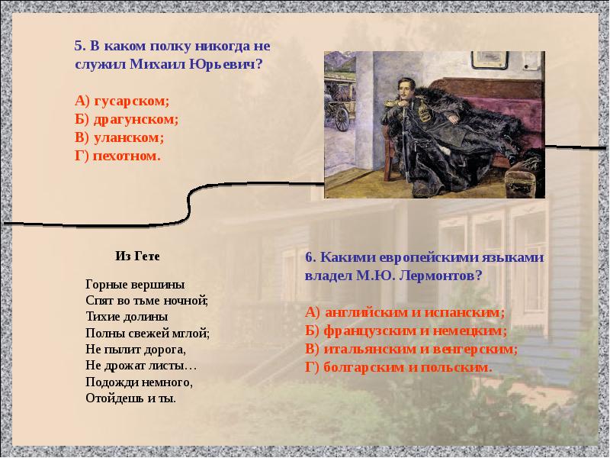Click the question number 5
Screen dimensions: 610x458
[79, 46]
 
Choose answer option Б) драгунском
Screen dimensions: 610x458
[127, 119]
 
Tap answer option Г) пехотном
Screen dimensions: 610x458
[118, 156]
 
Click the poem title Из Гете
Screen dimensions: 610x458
[138, 255]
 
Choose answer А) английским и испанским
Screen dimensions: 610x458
[405, 312]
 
